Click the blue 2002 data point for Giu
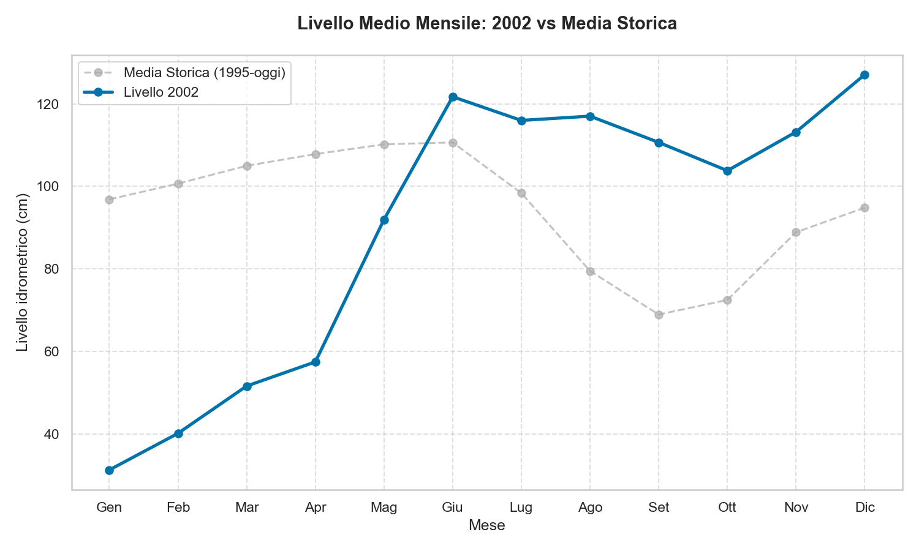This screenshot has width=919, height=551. click(453, 97)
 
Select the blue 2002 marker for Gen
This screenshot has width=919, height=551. click(109, 470)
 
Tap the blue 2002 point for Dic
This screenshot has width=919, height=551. click(864, 75)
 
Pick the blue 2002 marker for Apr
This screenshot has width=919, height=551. click(316, 362)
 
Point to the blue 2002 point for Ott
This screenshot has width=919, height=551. click(727, 171)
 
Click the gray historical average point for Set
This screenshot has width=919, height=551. click(659, 315)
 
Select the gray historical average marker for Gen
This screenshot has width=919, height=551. click(109, 200)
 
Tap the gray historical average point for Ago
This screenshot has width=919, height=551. click(590, 271)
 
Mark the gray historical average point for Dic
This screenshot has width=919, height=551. click(864, 208)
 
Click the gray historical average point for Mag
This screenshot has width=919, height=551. click(384, 144)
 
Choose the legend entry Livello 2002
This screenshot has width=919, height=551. click(161, 92)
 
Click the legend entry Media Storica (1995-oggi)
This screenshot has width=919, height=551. click(204, 72)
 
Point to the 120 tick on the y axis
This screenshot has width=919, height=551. click(50, 104)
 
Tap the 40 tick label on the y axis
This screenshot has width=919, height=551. click(53, 434)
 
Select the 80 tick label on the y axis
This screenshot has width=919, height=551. click(53, 269)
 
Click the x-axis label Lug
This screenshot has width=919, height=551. click(521, 508)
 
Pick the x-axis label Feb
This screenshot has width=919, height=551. click(178, 508)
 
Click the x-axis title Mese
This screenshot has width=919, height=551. click(486, 525)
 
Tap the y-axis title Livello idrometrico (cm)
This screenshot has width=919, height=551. click(23, 272)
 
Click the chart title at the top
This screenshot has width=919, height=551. click(486, 24)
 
